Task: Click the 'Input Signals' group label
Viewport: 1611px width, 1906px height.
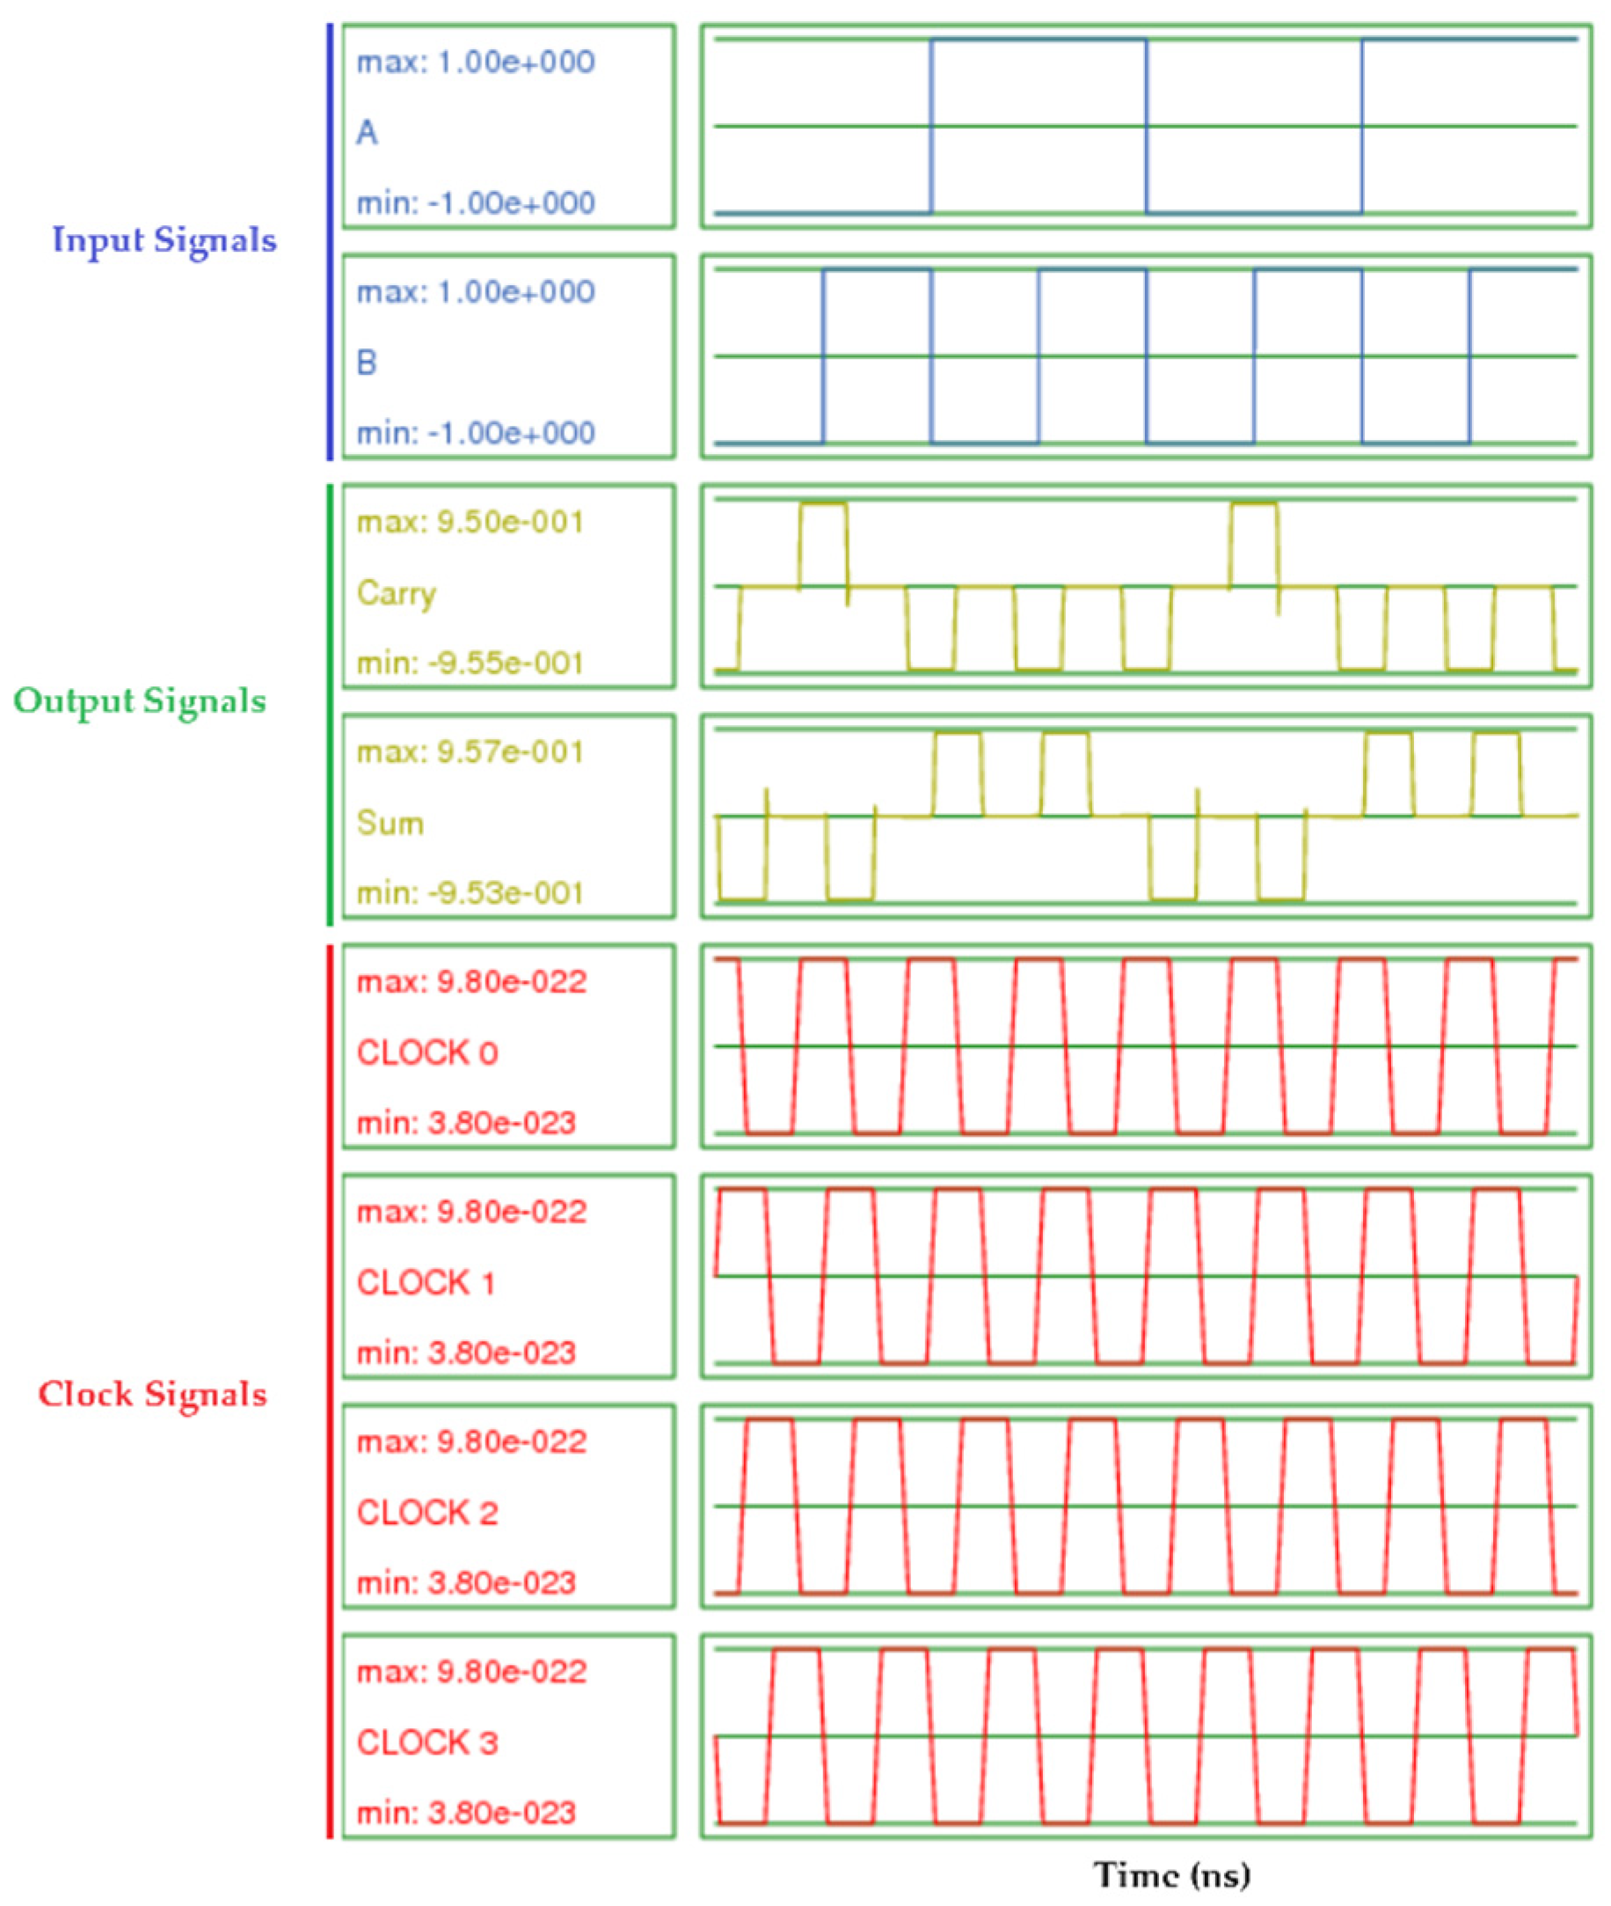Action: [164, 240]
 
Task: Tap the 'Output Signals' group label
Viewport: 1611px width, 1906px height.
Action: [140, 700]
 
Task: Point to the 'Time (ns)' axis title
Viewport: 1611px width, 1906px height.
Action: [1171, 1874]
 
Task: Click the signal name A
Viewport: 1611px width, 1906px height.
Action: [367, 134]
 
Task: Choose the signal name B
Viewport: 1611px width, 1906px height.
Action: [366, 363]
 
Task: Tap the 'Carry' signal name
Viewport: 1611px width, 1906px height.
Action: [397, 593]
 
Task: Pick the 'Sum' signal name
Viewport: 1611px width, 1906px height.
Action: [390, 824]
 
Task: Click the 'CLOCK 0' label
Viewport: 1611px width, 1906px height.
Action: [426, 1052]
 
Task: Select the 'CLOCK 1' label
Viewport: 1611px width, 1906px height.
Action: [426, 1283]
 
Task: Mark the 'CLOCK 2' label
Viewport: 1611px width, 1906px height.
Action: [426, 1514]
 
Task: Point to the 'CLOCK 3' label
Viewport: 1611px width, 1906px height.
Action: [426, 1742]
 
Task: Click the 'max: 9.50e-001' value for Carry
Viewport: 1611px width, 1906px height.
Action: [470, 523]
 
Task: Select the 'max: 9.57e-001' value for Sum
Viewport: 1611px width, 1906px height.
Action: [470, 752]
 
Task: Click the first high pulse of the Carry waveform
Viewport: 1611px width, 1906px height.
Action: [823, 504]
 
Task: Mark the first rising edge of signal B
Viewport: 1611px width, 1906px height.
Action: [823, 356]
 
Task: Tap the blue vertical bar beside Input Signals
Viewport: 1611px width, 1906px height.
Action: [330, 241]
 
